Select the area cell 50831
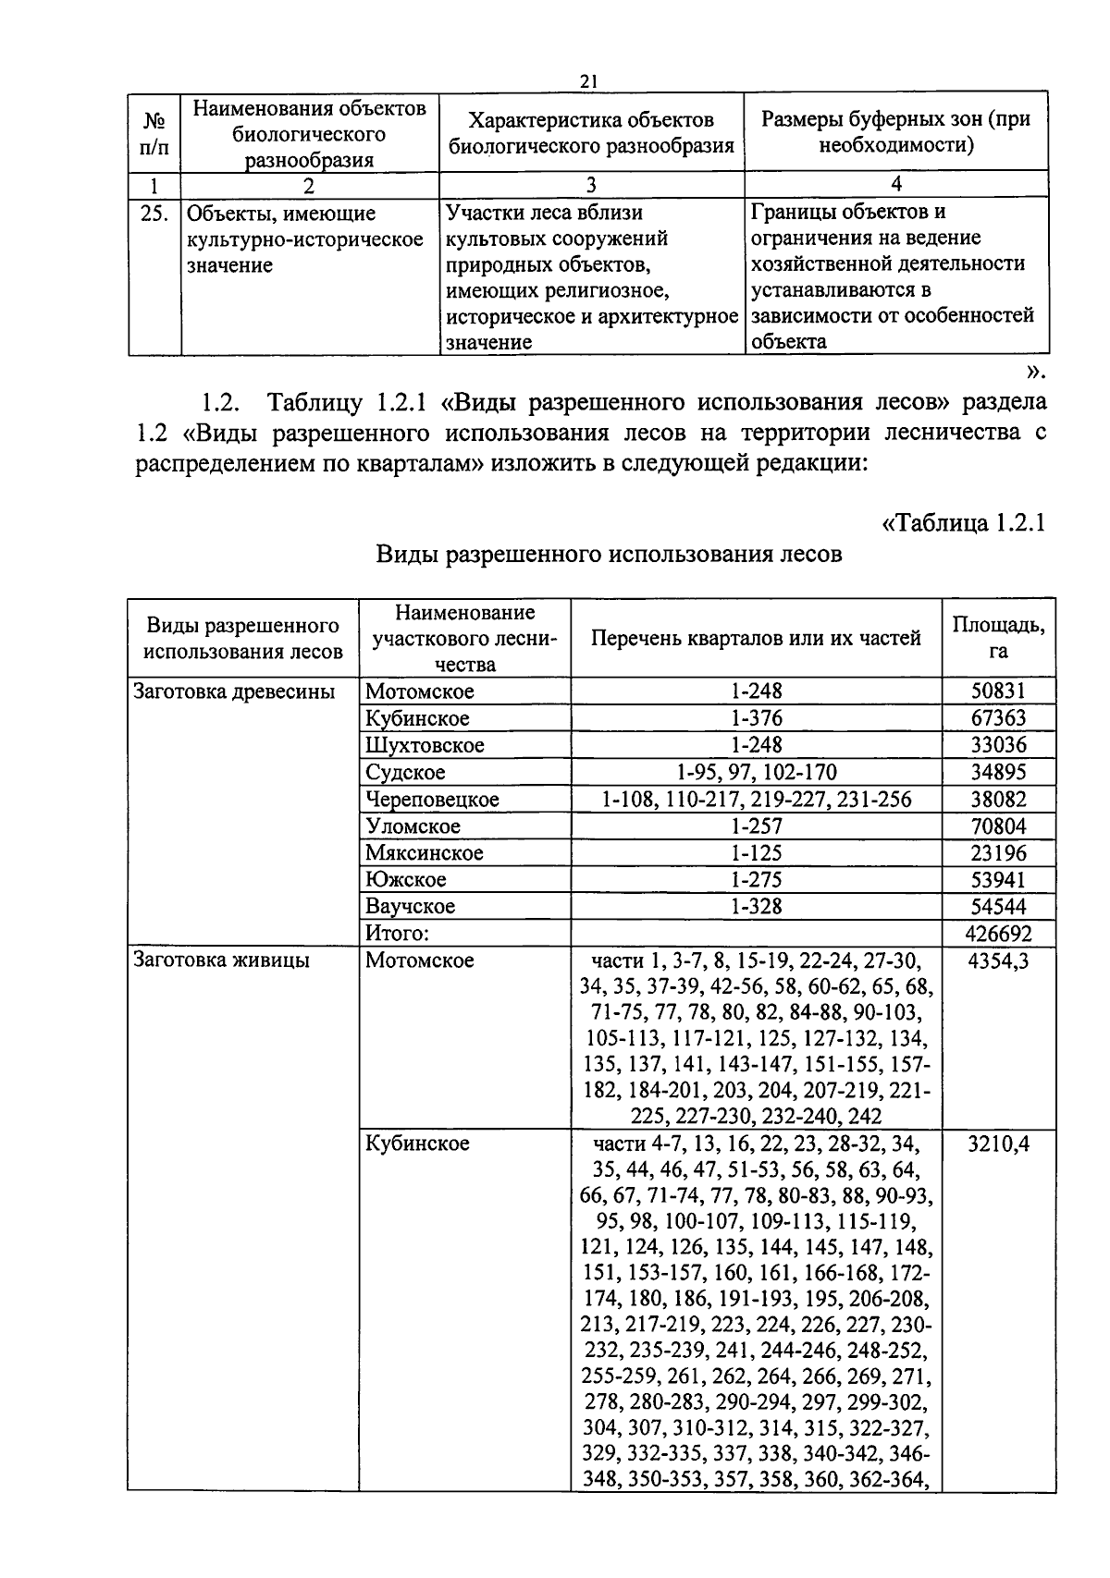(998, 691)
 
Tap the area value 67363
(998, 718)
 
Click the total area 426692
(998, 934)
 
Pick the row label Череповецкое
(432, 799)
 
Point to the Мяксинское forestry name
(424, 852)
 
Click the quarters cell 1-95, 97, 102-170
(756, 772)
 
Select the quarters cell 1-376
(756, 718)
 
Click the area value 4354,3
(998, 960)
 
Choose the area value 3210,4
(998, 1144)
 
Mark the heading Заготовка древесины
(234, 691)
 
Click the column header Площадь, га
(998, 637)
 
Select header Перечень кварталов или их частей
(756, 638)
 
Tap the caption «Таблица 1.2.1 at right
(963, 522)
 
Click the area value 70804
(998, 826)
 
